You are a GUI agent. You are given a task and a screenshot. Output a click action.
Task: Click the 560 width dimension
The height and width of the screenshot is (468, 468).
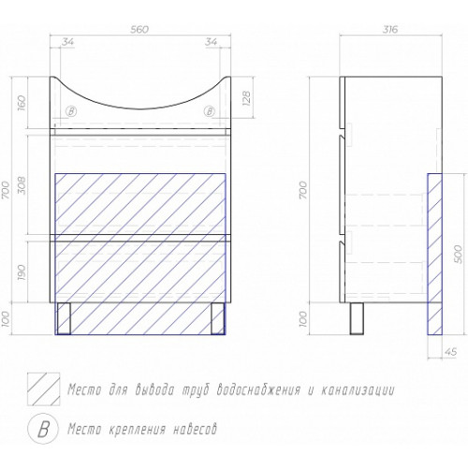pos(140,29)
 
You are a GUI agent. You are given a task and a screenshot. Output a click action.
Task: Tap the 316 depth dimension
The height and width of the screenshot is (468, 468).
pos(390,29)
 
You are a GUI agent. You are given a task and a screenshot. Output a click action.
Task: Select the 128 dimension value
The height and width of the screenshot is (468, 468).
pos(246,98)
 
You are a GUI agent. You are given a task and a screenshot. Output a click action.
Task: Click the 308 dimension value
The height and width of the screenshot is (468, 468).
pos(21,186)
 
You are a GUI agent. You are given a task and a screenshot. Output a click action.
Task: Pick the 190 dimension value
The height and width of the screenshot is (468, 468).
pos(21,272)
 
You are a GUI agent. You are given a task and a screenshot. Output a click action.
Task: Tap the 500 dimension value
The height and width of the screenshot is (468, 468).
pos(458,254)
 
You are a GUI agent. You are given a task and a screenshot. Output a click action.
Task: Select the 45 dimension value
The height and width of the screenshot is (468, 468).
pos(450,352)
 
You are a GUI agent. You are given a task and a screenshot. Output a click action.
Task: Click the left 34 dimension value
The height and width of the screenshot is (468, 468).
pos(67,42)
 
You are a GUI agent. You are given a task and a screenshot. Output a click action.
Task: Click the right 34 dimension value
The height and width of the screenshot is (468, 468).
pos(211,42)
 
